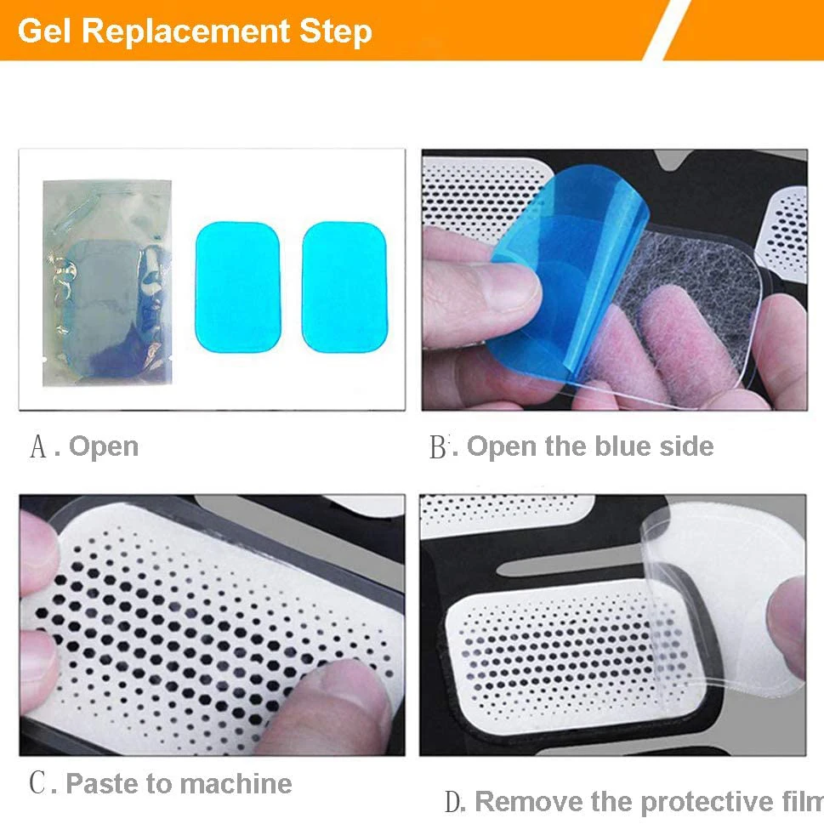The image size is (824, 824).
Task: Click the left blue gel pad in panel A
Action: point(238,287)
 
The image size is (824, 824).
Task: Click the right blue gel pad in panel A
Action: point(344,287)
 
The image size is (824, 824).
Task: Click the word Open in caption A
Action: point(104,446)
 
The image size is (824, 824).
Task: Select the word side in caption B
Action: point(685,446)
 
